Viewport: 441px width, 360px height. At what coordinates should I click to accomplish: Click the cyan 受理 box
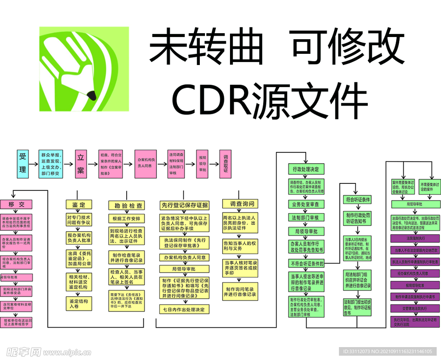tap(23, 164)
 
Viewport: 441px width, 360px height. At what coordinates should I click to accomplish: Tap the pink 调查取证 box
tap(225, 164)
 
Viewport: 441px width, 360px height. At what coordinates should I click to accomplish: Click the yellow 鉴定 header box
tap(79, 205)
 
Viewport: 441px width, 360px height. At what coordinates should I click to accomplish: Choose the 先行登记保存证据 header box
tap(184, 205)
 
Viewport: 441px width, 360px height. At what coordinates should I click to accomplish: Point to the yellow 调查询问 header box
tap(242, 204)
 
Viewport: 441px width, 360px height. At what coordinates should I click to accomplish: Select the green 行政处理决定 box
tap(306, 169)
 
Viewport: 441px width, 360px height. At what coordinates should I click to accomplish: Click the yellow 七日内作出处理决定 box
tap(184, 309)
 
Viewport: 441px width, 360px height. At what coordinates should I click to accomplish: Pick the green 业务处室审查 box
tap(306, 204)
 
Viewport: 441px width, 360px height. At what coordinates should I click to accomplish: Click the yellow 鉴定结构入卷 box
tap(79, 304)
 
